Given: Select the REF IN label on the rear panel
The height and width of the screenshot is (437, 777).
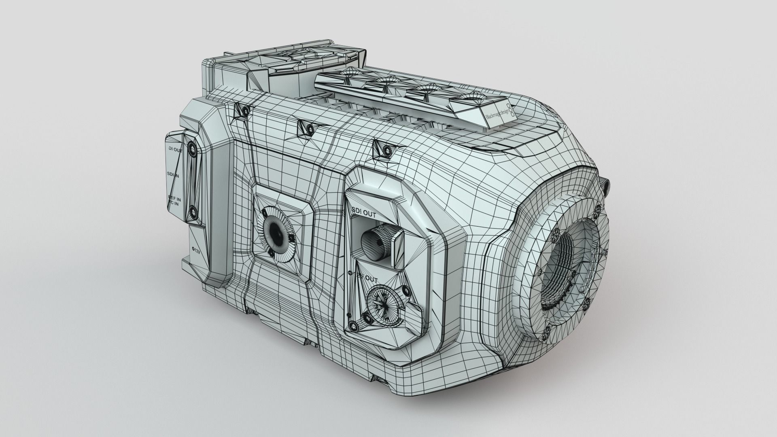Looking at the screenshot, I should pos(174,198).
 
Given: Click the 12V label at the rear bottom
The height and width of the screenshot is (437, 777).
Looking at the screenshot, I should pos(196,251).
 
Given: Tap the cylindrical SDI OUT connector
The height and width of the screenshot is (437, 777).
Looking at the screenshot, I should pos(376,242).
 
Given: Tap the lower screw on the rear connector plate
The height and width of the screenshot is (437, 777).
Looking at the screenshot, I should pos(192,211).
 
